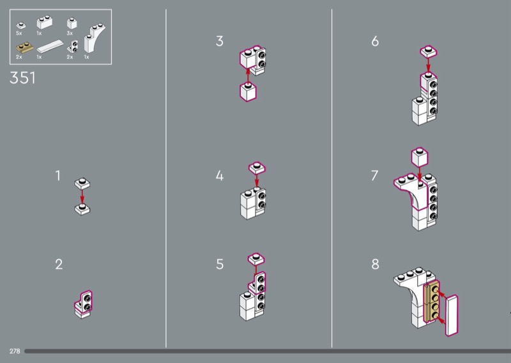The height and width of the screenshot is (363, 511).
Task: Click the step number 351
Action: click(x=22, y=78)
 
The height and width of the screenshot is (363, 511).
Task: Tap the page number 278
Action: click(x=15, y=351)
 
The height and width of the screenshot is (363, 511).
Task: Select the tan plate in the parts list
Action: click(x=25, y=48)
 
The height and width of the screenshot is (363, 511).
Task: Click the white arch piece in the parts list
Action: click(x=94, y=38)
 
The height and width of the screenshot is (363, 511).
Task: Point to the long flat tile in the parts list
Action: click(x=50, y=46)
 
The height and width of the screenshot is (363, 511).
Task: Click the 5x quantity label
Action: click(x=19, y=33)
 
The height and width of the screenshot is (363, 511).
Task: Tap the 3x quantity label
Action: click(x=70, y=33)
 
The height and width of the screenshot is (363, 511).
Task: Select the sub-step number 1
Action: click(x=58, y=176)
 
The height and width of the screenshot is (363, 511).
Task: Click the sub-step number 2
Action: click(x=59, y=264)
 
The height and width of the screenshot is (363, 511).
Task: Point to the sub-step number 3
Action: click(x=220, y=41)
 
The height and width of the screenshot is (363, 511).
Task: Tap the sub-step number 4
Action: click(x=220, y=176)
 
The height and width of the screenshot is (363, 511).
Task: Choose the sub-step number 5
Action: click(x=220, y=264)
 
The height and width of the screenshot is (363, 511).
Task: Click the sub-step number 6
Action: click(x=375, y=41)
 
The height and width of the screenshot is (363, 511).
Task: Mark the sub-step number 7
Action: click(x=375, y=176)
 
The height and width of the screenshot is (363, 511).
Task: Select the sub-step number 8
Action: click(x=376, y=264)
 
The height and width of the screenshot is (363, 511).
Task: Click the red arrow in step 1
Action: click(x=82, y=197)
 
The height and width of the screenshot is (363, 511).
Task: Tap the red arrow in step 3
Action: click(x=248, y=75)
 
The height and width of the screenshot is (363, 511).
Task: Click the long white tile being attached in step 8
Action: click(x=452, y=315)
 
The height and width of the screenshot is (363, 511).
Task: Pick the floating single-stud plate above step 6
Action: click(x=429, y=52)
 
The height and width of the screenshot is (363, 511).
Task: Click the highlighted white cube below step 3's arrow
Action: click(x=248, y=91)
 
